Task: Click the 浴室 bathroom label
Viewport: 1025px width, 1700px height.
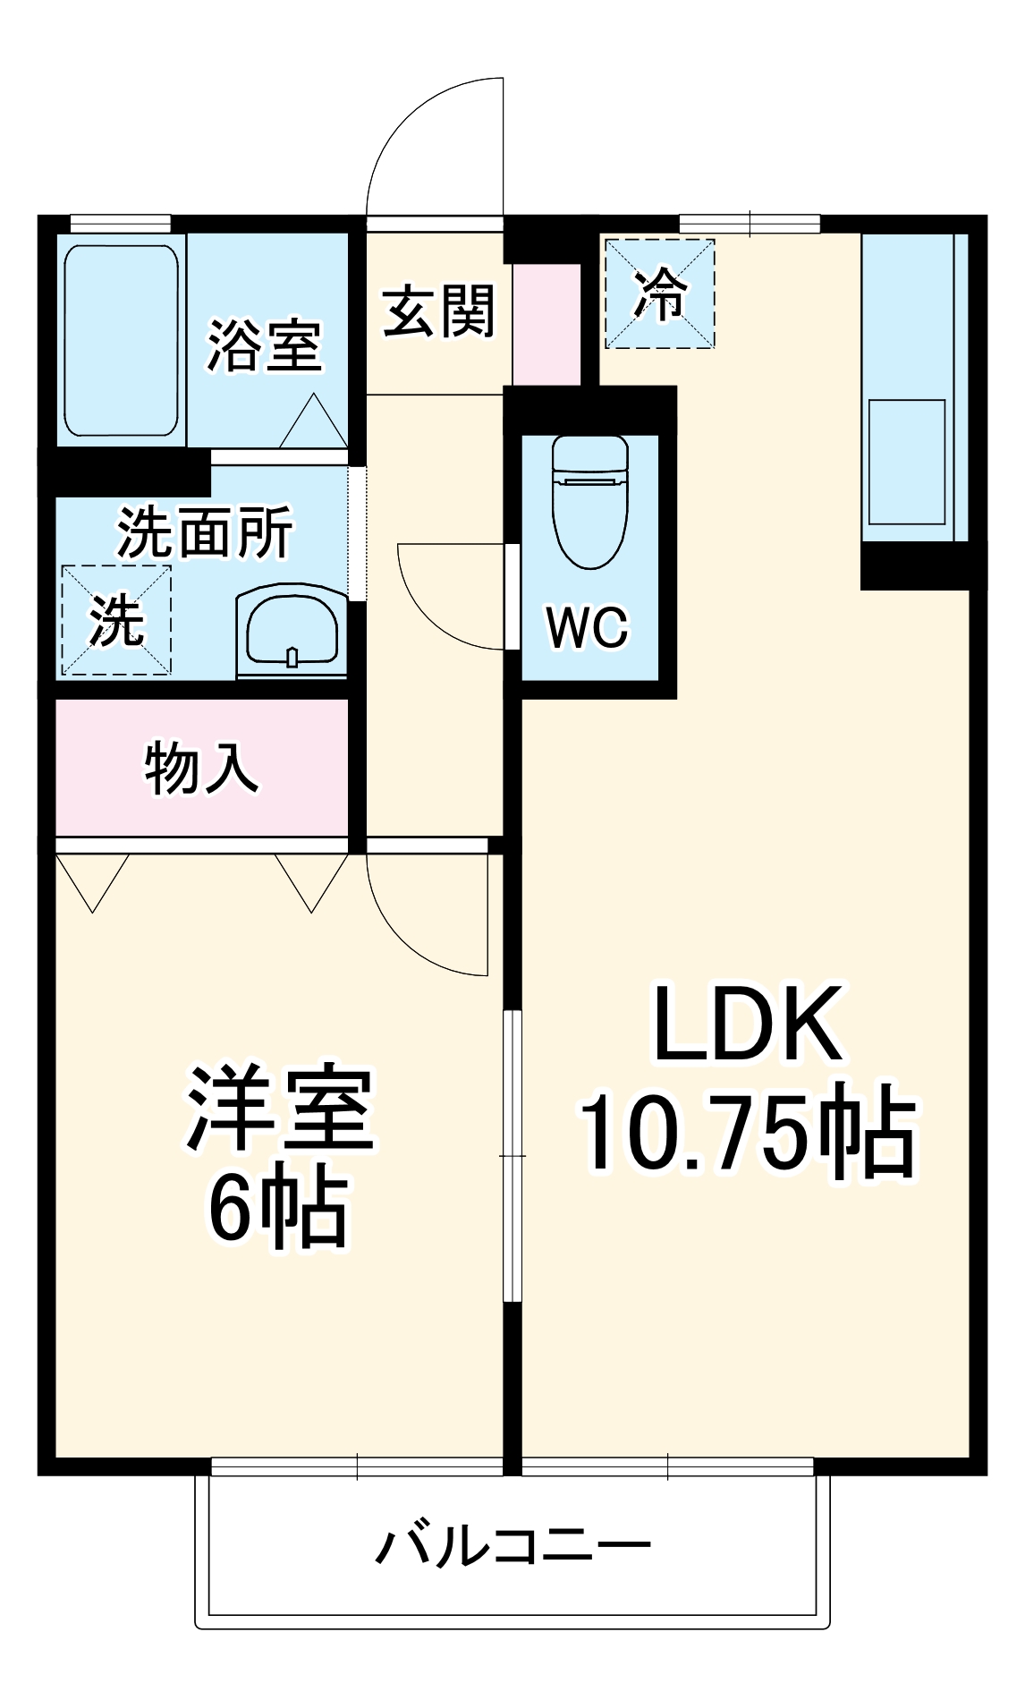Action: pos(264,345)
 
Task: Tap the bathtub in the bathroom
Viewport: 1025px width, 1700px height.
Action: pos(121,340)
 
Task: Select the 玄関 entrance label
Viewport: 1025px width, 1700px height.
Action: pos(438,311)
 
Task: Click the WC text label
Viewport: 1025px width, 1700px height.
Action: pos(588,627)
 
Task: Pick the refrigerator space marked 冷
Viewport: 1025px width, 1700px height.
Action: pos(660,293)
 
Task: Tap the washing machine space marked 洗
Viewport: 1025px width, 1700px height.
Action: pos(116,620)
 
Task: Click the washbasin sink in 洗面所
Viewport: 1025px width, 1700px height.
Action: pos(292,630)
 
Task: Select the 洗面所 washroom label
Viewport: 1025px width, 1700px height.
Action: pos(205,533)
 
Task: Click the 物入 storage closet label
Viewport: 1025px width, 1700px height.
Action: pos(201,768)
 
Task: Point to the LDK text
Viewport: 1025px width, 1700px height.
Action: pos(748,1024)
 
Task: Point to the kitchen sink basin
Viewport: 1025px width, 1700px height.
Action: pos(907,462)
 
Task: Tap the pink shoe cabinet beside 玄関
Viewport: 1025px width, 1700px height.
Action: pos(546,324)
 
